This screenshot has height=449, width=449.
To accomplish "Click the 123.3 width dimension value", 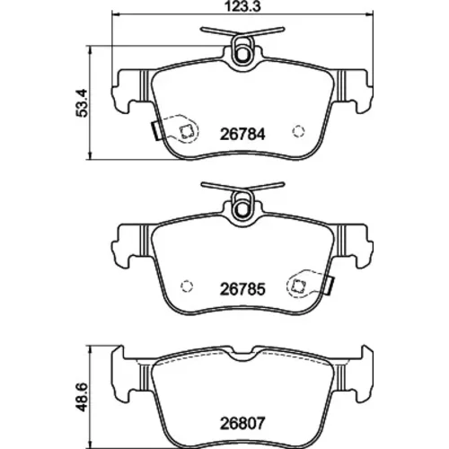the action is click(x=242, y=6).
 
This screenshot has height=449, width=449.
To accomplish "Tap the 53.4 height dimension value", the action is click(x=81, y=102).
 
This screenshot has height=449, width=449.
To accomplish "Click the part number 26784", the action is click(x=242, y=135).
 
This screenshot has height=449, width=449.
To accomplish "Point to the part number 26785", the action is click(x=242, y=289).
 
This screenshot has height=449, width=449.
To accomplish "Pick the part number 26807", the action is click(x=242, y=424).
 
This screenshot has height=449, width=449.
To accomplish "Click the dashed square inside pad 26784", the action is click(x=186, y=131).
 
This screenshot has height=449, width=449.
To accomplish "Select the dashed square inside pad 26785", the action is click(x=298, y=286).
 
